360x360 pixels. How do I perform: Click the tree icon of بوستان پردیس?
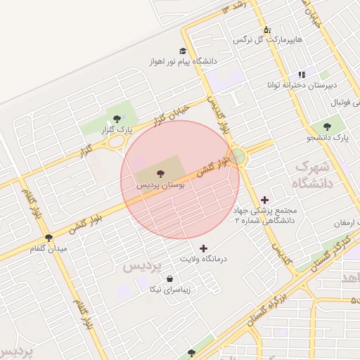160,172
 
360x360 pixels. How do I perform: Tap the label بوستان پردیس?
162,185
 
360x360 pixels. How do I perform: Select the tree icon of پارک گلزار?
117,119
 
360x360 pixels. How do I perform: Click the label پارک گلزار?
117,131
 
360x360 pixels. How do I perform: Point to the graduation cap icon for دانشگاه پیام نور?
184,51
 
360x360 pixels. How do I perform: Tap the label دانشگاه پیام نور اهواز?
182,62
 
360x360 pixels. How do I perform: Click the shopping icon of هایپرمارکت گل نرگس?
267,30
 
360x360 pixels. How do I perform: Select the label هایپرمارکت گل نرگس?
269,41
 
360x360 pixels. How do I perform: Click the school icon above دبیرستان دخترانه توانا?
302,75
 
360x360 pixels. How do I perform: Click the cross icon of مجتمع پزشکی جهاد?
264,200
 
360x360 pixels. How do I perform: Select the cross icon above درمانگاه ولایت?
204,248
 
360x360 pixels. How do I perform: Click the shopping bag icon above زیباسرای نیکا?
170,278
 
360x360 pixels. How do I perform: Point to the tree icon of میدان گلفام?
49,238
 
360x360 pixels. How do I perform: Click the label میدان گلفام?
49,249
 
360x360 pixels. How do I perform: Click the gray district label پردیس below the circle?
143,266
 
